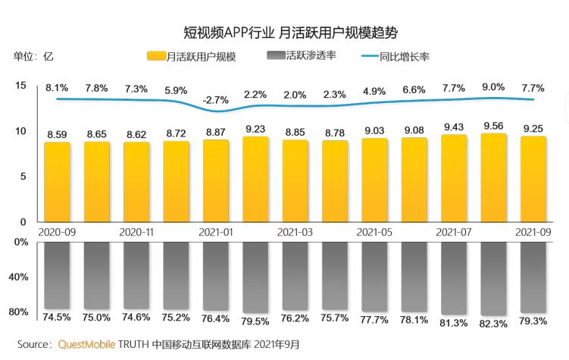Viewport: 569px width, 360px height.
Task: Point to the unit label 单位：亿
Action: click(x=33, y=56)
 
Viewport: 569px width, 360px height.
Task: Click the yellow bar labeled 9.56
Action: click(x=493, y=178)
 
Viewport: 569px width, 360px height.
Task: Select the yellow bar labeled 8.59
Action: click(x=57, y=182)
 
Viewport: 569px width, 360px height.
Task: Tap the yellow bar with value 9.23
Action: click(x=255, y=179)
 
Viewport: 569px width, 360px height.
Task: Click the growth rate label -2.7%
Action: click(x=216, y=100)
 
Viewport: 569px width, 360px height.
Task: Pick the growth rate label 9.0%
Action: click(x=493, y=87)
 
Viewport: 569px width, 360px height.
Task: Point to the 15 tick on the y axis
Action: click(x=20, y=86)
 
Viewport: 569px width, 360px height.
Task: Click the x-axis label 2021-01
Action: click(x=216, y=232)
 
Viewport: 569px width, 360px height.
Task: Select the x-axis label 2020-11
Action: click(x=136, y=232)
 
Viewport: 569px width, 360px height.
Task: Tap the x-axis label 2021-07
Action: click(x=454, y=232)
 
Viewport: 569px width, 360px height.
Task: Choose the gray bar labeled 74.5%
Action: click(x=57, y=276)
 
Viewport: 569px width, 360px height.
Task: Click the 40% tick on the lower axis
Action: click(x=18, y=277)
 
